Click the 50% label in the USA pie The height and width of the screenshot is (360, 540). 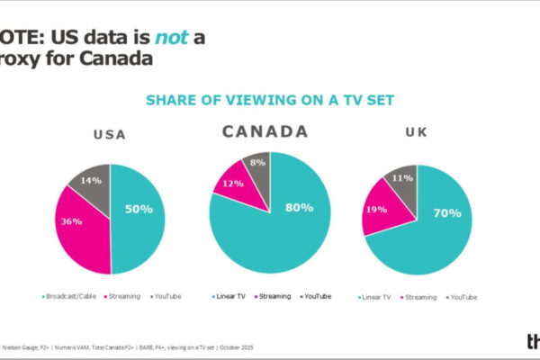139,209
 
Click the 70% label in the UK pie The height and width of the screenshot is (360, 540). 447,213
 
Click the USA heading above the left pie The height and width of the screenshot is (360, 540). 110,136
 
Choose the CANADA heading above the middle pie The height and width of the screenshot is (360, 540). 265,131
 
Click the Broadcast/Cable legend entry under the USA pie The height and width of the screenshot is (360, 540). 72,295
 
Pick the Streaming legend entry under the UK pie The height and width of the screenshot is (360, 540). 418,295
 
